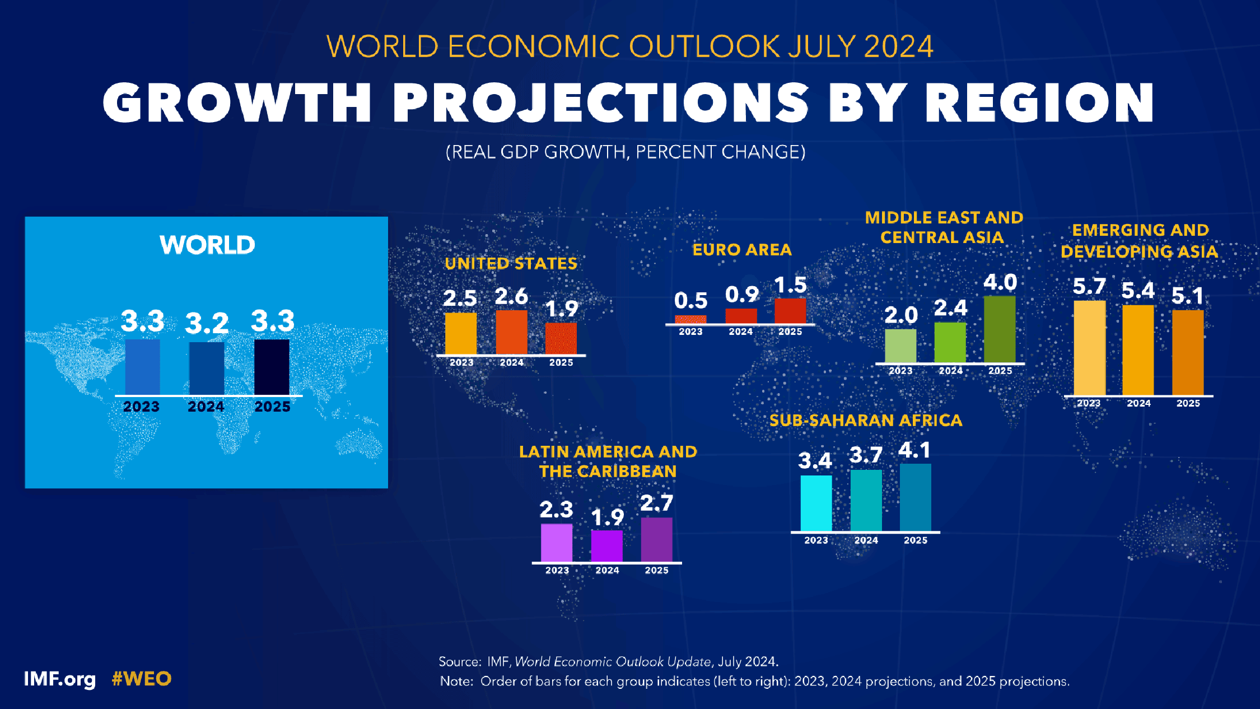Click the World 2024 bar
point(207,368)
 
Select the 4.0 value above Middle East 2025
point(1000,282)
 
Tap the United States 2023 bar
point(460,333)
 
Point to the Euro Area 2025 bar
point(790,311)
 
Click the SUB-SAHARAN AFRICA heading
point(866,421)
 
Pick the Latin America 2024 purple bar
point(607,546)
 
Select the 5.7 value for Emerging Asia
point(1089,287)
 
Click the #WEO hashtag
point(142,679)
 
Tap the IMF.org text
point(60,679)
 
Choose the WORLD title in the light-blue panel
point(207,245)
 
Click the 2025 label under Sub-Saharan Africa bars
point(916,540)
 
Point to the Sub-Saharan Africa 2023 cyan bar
point(816,503)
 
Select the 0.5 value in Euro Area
point(690,301)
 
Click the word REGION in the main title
point(1039,102)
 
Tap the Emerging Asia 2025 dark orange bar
point(1188,352)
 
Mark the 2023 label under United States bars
point(461,363)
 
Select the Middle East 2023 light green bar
point(900,346)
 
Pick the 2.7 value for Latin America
point(656,503)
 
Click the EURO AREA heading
point(742,250)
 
